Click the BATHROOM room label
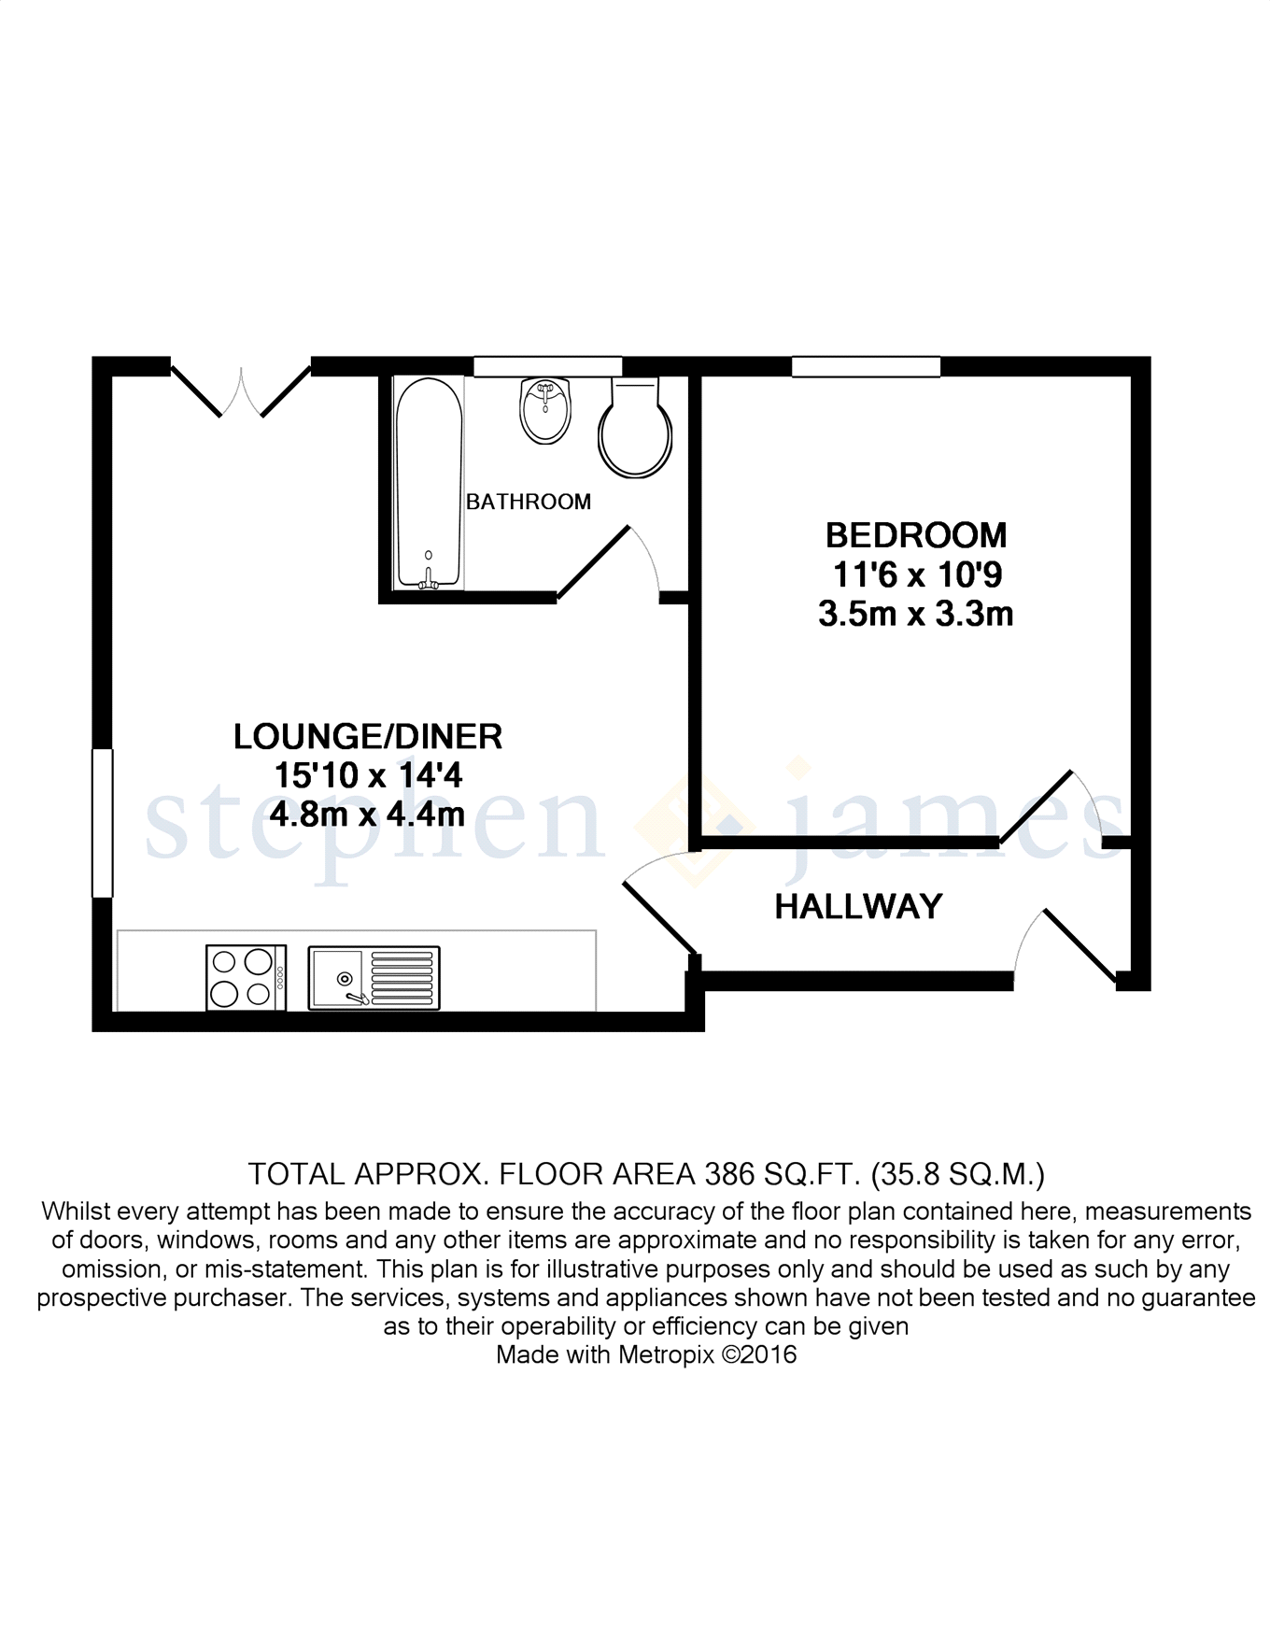pos(528,502)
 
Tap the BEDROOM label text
pos(915,535)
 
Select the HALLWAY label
pos(858,906)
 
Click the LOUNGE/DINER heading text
pos(367,736)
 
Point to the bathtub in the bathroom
pos(429,483)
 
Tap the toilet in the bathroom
pos(635,431)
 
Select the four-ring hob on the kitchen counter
pos(246,978)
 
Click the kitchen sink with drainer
pos(374,978)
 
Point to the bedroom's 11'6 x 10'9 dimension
pos(915,574)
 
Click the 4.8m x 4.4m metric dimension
pos(367,815)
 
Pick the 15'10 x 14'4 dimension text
pos(367,775)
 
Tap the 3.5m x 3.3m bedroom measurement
pos(915,615)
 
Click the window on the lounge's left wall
pos(102,823)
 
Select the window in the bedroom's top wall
pos(866,366)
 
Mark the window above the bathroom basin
pos(547,366)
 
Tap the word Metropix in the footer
pos(666,1354)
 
